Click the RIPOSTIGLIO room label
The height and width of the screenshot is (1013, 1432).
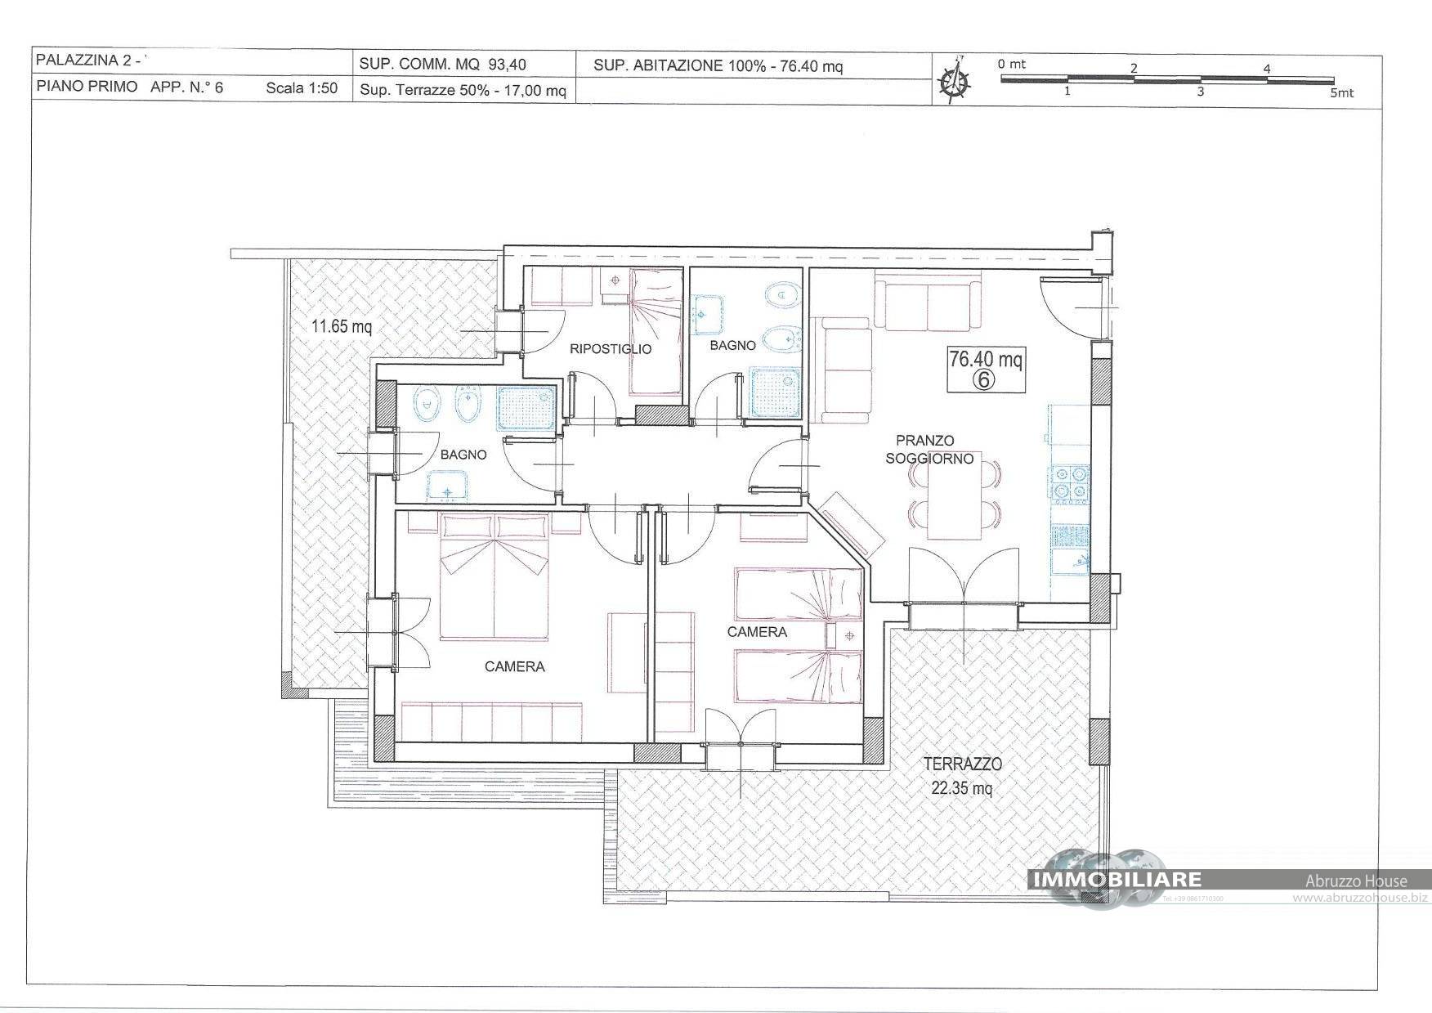[x=611, y=349]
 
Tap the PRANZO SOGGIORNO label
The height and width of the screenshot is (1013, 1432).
[x=929, y=450]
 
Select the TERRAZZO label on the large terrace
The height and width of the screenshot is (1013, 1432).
[x=963, y=764]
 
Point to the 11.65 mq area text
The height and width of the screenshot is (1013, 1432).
[x=342, y=327]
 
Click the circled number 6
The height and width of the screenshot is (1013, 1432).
[x=985, y=379]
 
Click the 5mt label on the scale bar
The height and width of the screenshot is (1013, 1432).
[x=1341, y=93]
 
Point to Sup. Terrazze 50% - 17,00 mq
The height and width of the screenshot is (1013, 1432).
[x=463, y=91]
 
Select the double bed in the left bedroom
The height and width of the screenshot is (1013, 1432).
[x=494, y=576]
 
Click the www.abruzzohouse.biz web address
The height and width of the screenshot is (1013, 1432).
[x=1360, y=898]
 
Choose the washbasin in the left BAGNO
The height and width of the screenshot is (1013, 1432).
[x=446, y=489]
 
